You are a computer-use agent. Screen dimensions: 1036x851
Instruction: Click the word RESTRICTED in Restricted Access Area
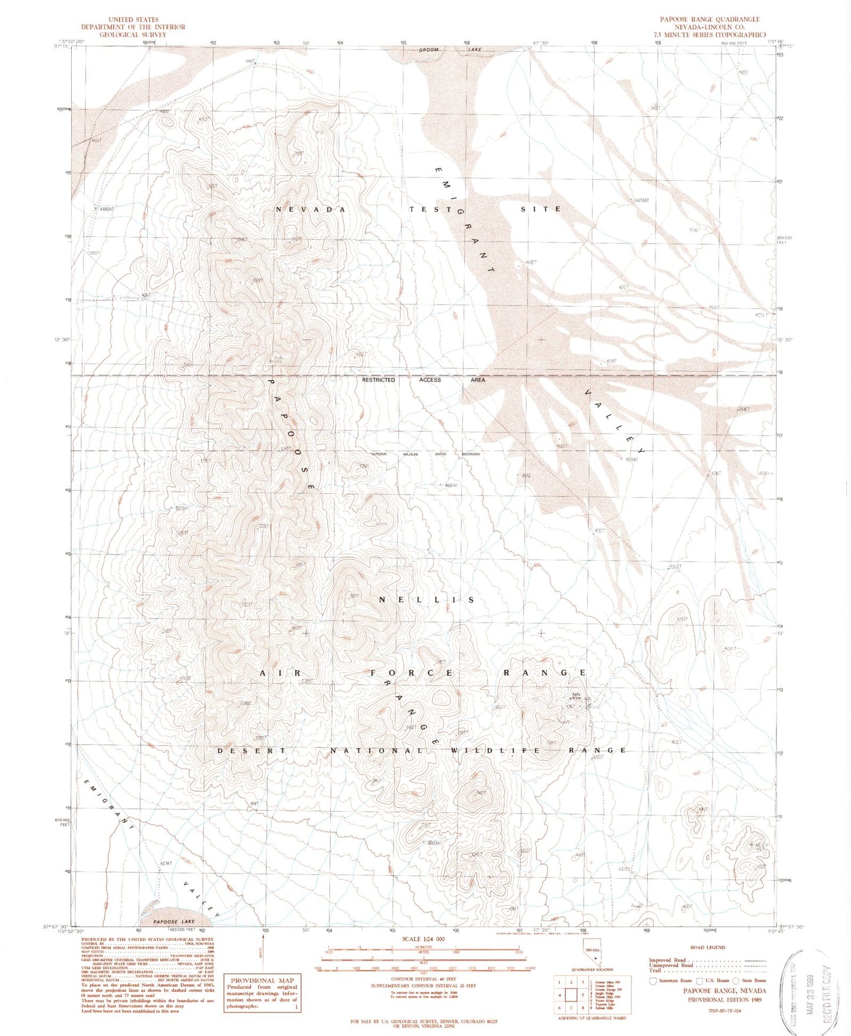(378, 380)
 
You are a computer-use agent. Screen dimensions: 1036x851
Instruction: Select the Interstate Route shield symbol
(653, 981)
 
